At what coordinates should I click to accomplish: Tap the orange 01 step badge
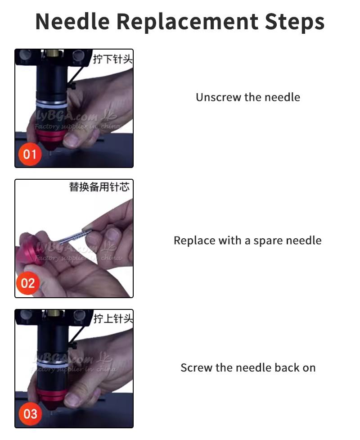(30, 154)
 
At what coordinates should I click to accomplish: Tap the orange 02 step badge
(28, 283)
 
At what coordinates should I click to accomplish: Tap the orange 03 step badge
(30, 414)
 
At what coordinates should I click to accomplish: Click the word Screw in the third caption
(196, 368)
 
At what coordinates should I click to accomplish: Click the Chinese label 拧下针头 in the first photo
(112, 59)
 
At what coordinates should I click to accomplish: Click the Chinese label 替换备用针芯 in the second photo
(99, 187)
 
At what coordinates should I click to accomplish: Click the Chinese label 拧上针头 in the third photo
(112, 319)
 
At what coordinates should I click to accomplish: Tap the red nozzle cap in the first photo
(50, 137)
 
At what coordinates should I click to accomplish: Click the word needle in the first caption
(282, 97)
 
